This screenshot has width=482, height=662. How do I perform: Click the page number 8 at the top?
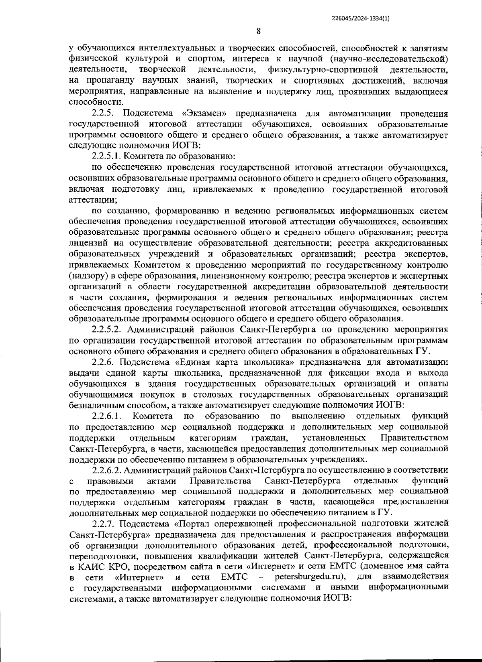(x=259, y=31)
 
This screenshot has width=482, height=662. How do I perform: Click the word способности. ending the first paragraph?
(x=94, y=102)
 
